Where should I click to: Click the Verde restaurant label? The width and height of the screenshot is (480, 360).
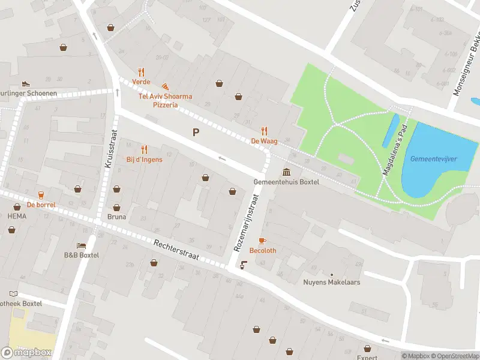click(142, 82)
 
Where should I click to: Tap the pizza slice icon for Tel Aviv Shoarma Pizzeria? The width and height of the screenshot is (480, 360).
click(165, 87)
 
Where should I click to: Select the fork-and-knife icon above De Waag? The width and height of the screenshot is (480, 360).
click(264, 131)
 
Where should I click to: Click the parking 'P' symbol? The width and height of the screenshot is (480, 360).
click(196, 132)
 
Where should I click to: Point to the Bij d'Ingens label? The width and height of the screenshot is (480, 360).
click(144, 160)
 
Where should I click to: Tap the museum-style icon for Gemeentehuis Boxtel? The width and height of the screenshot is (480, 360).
click(286, 172)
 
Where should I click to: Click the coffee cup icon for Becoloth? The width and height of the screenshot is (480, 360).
click(262, 241)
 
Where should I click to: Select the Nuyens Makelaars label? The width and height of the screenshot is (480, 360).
click(331, 282)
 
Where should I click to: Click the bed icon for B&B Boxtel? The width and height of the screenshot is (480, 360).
click(81, 245)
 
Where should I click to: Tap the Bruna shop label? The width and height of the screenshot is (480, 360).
click(116, 217)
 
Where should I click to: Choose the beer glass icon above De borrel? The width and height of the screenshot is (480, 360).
click(41, 194)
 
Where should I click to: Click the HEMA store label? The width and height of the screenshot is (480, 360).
click(17, 216)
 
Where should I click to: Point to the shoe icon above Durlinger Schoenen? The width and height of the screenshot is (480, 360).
click(26, 83)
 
